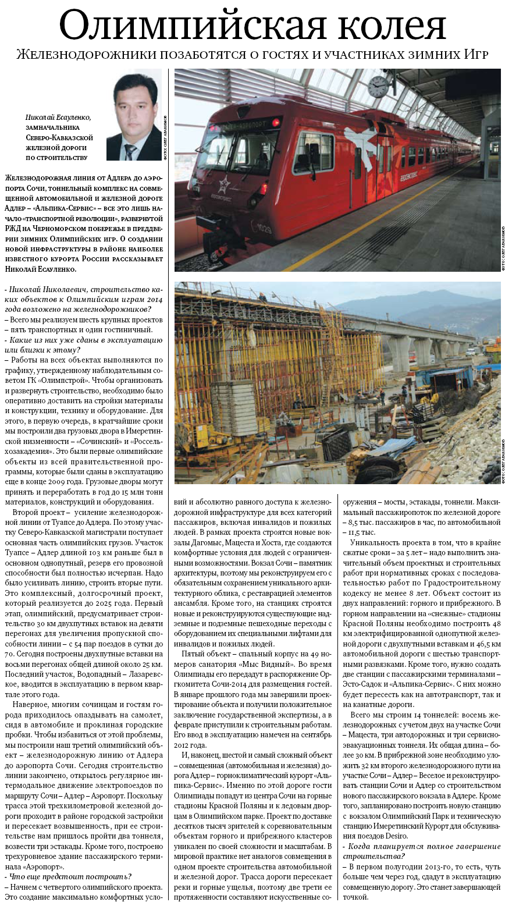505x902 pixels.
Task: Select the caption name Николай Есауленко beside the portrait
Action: (x=58, y=117)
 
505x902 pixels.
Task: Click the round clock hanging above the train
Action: (x=378, y=86)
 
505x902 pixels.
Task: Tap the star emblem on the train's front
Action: (x=223, y=186)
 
